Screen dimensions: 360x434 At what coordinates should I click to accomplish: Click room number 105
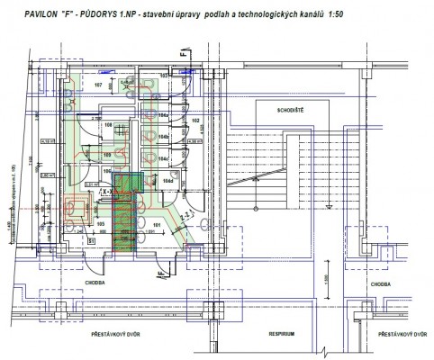pos(101,222)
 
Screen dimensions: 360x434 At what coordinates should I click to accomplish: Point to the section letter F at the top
pos(182,56)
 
